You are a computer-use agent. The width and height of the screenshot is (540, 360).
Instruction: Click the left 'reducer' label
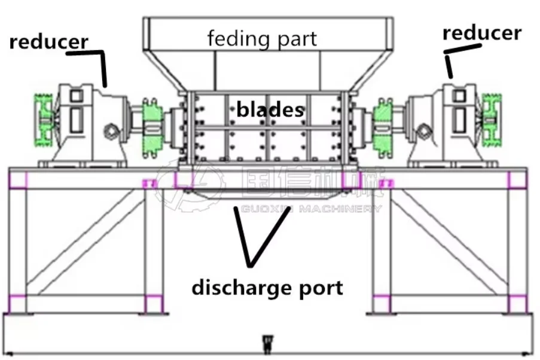(x=49, y=42)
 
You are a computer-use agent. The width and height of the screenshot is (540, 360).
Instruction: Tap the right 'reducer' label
(x=481, y=33)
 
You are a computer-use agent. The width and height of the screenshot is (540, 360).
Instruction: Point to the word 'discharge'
(x=243, y=288)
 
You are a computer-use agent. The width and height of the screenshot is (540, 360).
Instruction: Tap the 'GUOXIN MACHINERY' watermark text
(x=310, y=209)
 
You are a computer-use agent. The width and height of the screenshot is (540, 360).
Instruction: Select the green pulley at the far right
(x=492, y=120)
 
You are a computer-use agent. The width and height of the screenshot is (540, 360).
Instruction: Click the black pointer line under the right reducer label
(x=448, y=65)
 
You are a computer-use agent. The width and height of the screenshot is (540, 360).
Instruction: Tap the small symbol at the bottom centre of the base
(x=267, y=343)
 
